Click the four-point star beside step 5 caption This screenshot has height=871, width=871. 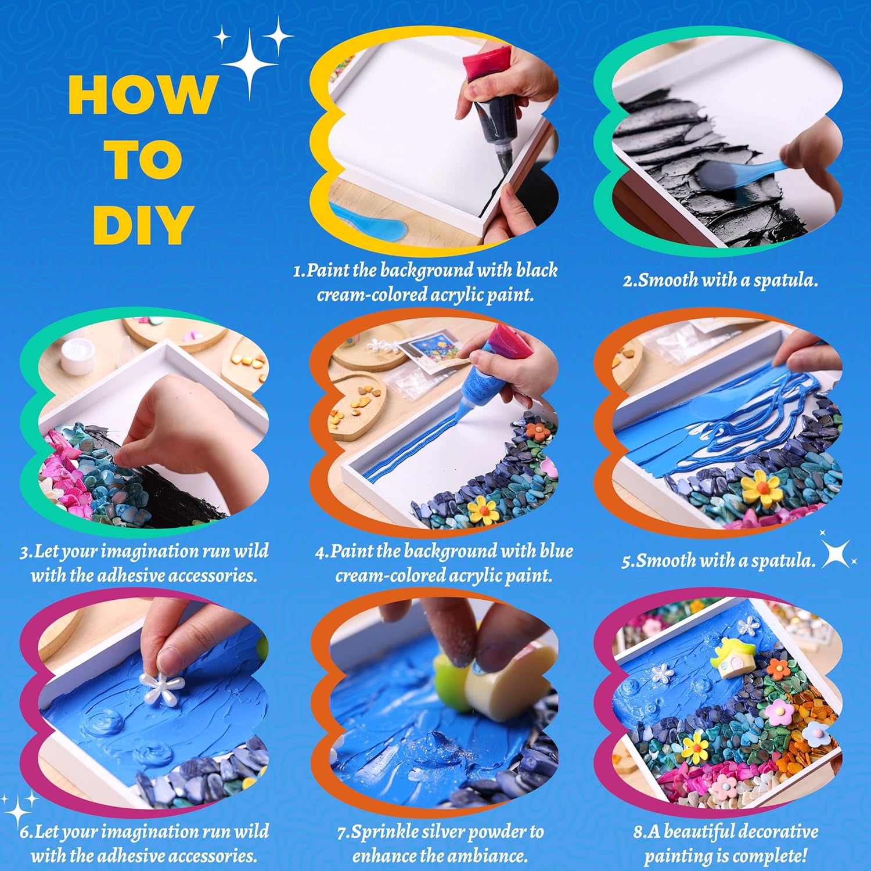[836, 554]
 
